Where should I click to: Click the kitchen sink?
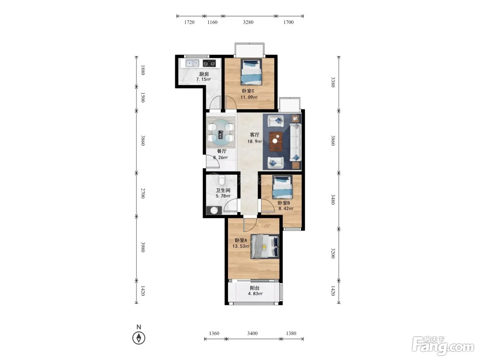click(192, 63)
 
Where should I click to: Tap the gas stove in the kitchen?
click(209, 63)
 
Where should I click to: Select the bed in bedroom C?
click(251, 72)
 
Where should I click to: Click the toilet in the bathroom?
click(222, 180)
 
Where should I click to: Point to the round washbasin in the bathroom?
click(214, 210)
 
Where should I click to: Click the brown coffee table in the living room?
click(276, 141)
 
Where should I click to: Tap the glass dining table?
click(221, 132)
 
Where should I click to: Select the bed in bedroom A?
click(265, 246)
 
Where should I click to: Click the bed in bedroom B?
click(282, 187)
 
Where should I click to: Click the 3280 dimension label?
click(248, 22)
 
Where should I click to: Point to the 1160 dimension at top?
click(212, 22)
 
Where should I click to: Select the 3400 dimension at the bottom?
click(252, 333)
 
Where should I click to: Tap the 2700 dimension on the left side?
click(143, 193)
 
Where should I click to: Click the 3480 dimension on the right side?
click(333, 199)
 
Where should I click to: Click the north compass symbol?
click(139, 338)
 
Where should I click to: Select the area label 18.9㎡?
click(254, 141)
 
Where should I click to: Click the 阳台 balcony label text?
click(255, 288)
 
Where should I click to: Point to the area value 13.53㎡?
click(241, 246)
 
